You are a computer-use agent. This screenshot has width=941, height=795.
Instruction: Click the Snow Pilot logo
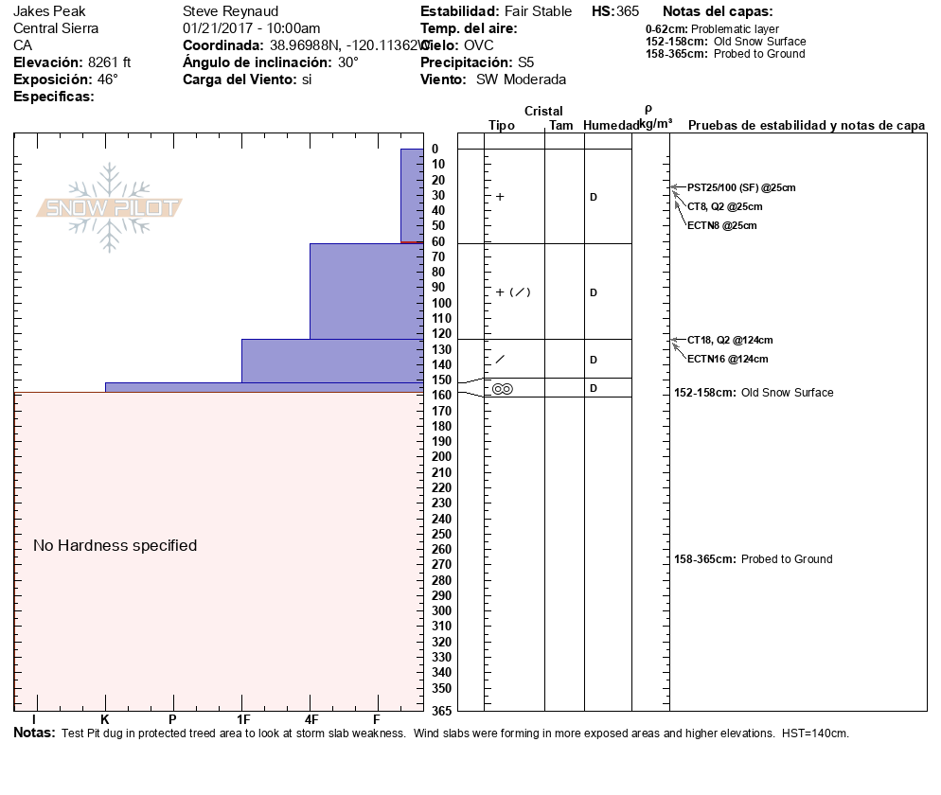tap(109, 208)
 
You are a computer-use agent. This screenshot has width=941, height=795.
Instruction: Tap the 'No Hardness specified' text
tap(115, 545)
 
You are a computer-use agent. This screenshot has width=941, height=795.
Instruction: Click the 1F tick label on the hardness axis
tap(242, 720)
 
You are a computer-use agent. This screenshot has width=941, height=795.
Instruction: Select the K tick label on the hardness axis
tap(105, 720)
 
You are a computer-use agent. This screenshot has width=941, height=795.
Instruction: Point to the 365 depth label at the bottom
tap(442, 711)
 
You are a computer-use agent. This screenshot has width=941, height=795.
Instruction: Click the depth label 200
tap(442, 457)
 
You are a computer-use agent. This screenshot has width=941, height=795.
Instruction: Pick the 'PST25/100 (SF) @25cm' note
tap(741, 187)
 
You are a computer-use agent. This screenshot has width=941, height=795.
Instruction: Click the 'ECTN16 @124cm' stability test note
tap(727, 359)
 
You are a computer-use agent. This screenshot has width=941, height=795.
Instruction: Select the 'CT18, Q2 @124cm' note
tap(730, 340)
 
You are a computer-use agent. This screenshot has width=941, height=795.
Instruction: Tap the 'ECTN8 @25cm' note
tap(721, 225)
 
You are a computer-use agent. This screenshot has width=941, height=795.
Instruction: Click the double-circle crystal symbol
tap(503, 389)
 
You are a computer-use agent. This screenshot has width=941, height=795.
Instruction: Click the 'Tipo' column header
tap(501, 126)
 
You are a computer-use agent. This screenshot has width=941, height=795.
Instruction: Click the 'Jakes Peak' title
tap(44, 11)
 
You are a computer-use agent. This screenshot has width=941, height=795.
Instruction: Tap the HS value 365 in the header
tap(628, 11)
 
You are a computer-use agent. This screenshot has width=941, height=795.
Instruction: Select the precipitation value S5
tap(525, 62)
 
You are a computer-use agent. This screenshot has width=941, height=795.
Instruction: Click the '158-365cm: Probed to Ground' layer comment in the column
tap(753, 559)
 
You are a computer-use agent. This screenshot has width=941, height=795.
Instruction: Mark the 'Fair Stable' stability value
tap(538, 11)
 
